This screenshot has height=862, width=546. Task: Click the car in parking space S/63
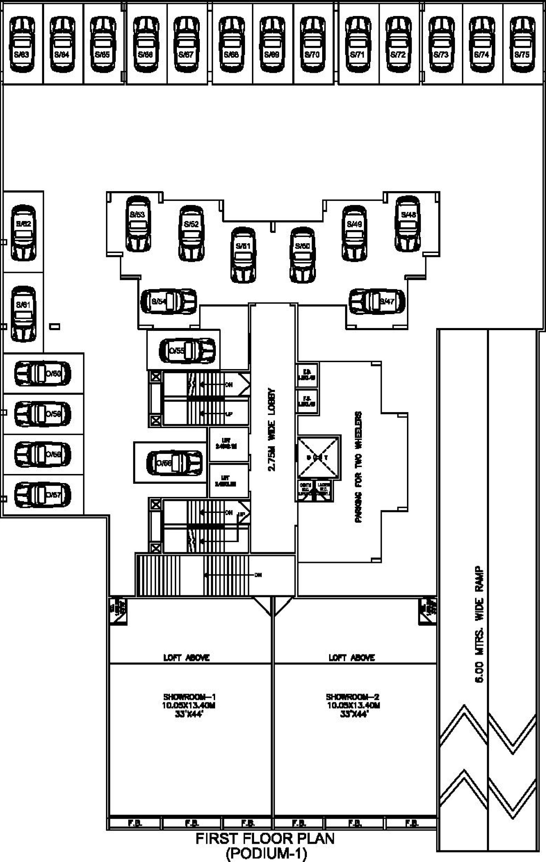[x=22, y=44]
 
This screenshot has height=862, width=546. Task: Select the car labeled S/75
[x=522, y=44]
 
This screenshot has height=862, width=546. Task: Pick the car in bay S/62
[x=24, y=233]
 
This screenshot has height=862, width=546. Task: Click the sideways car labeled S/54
[x=169, y=301]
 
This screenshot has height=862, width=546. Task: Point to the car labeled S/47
[x=377, y=301]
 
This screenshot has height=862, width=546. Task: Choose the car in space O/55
[x=187, y=351]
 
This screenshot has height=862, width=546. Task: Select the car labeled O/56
[x=174, y=463]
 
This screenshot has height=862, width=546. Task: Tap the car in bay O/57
[x=43, y=495]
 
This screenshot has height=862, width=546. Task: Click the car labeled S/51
[x=243, y=255]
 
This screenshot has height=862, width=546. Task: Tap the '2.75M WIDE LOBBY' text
[x=272, y=430]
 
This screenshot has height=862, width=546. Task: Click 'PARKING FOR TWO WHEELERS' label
[x=359, y=467]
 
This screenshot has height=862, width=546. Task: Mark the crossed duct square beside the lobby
[x=318, y=458]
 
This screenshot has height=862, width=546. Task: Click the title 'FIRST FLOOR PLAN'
[x=265, y=839]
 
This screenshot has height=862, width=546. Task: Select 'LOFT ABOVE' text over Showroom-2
[x=352, y=657]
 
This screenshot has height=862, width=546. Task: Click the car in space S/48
[x=408, y=224]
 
